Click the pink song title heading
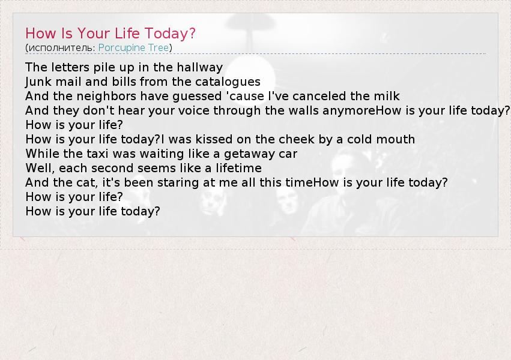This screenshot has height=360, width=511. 110,34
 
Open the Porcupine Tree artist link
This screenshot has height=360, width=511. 134,48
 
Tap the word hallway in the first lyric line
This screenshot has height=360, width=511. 200,68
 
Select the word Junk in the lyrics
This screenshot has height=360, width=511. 37,82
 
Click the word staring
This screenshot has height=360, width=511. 178,183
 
